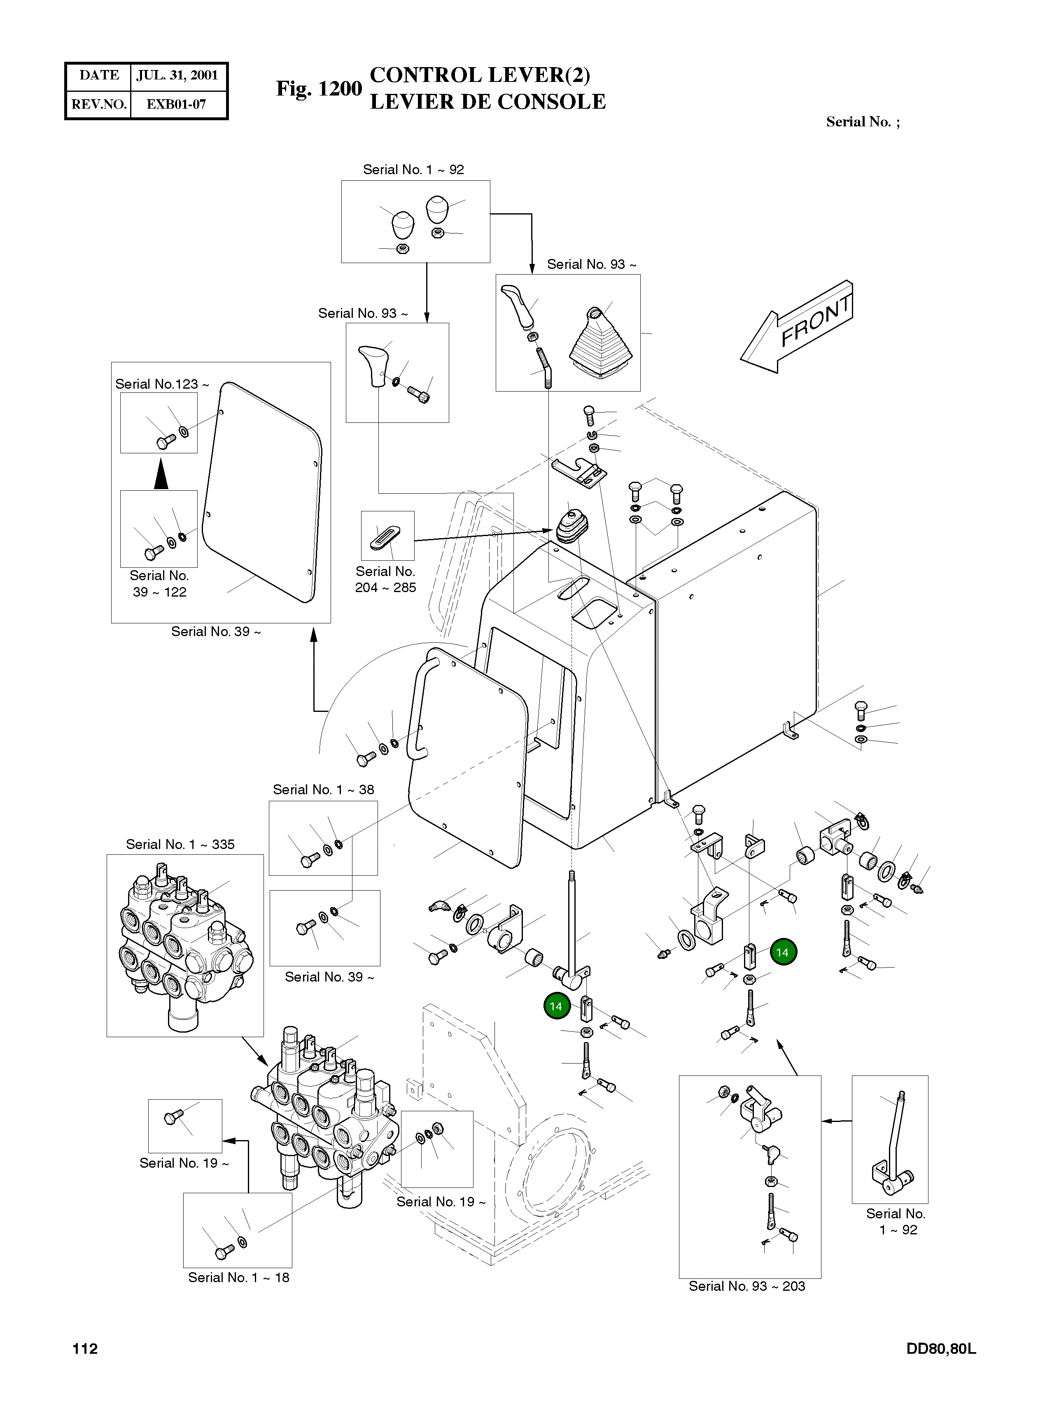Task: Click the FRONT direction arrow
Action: tap(797, 329)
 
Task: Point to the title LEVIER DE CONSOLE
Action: tap(488, 102)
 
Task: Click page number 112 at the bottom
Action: tap(85, 1349)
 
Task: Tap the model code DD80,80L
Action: tap(940, 1349)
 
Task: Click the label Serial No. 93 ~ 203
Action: tap(746, 1286)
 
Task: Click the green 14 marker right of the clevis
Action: tap(782, 952)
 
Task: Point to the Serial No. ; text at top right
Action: tap(862, 122)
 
